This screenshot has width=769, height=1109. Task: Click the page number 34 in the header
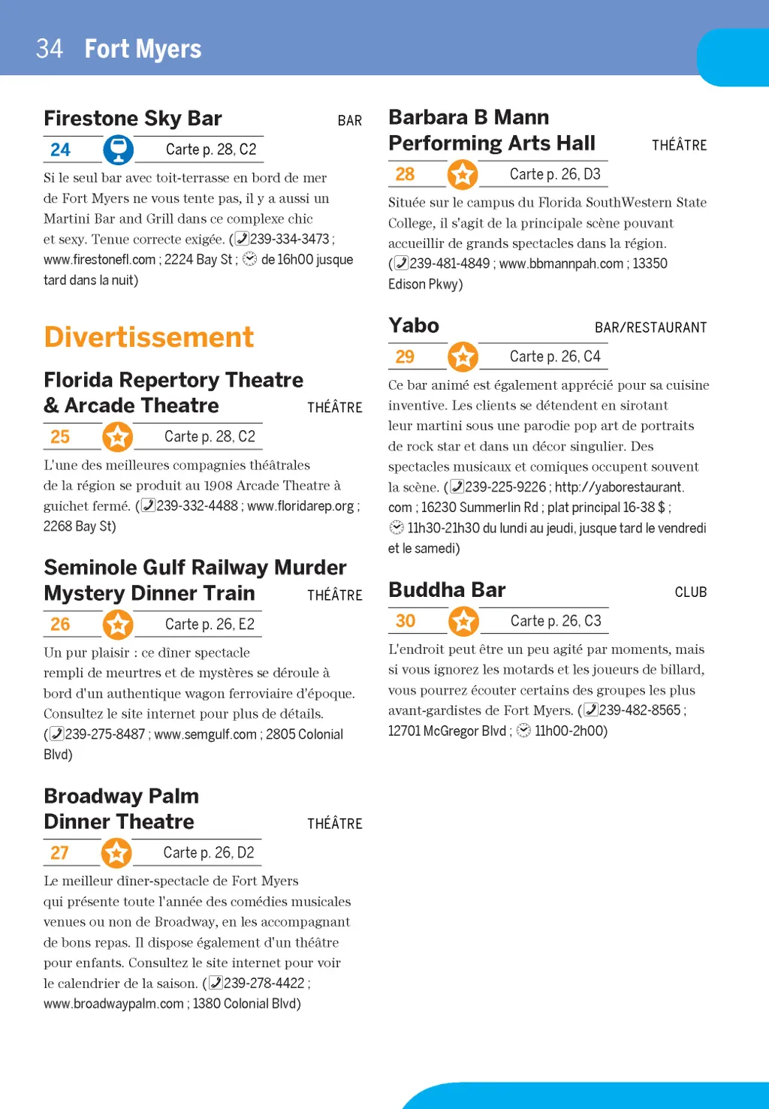[x=50, y=49]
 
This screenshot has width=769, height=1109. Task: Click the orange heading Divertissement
[x=149, y=337]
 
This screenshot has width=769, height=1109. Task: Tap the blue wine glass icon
[x=118, y=149]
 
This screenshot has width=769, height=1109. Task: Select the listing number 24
[x=60, y=150]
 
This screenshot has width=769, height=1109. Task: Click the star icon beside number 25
[x=118, y=436]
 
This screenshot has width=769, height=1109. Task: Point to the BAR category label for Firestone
[x=349, y=121]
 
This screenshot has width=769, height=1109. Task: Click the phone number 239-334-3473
[x=289, y=239]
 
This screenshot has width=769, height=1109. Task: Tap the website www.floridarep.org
[x=300, y=506]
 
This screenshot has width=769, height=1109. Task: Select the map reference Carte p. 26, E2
[x=210, y=624]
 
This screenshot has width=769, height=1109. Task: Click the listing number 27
[x=59, y=853]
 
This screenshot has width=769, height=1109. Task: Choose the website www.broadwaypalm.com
[x=113, y=1004]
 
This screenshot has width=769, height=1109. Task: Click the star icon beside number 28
[x=463, y=174]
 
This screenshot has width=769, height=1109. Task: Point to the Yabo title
[x=414, y=326]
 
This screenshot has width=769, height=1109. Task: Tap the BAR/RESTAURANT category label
[x=650, y=328]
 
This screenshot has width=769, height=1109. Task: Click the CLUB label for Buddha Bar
[x=690, y=592]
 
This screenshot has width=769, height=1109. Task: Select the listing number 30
[x=406, y=621]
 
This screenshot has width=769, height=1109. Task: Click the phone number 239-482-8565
[x=640, y=710]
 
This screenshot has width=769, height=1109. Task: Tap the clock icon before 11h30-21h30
[x=397, y=528]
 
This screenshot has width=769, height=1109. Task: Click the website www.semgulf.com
[x=205, y=734]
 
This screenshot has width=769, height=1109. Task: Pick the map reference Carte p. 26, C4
[x=555, y=357]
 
